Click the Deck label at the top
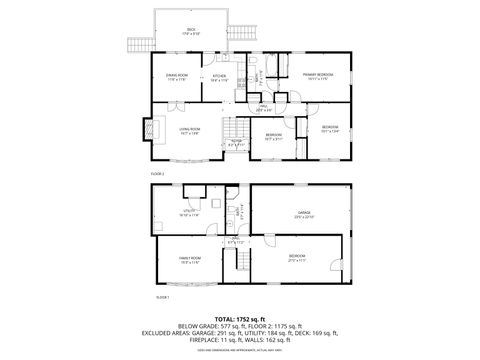tap(191, 30)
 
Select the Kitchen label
tap(219, 78)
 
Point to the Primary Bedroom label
tap(318, 75)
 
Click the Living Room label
tap(188, 129)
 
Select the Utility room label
tap(188, 213)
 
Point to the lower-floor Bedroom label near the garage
tap(297, 257)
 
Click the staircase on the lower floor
tap(240, 261)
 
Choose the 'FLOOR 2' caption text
tap(157, 173)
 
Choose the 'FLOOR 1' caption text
tap(162, 297)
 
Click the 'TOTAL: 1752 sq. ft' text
tap(240, 317)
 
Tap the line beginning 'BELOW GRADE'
tap(240, 325)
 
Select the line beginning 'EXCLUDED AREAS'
tap(240, 332)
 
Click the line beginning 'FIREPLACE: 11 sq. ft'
tap(240, 339)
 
